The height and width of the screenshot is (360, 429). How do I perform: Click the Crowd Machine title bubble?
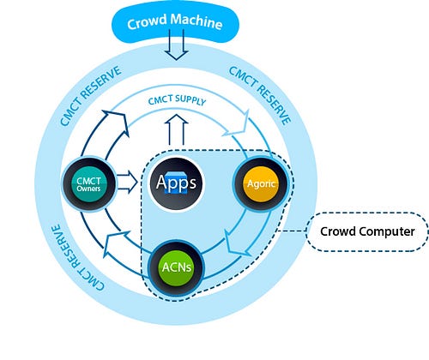pos(175,24)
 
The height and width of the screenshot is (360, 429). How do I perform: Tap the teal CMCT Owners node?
pos(89,184)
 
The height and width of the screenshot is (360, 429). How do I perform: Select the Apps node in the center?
pos(177,183)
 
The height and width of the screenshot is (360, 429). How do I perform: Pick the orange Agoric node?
pos(261,184)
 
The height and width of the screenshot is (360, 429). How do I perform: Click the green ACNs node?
pos(177,267)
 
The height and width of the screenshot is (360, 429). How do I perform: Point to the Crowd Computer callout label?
pos(367,231)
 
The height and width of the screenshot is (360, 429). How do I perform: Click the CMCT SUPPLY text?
pos(177,100)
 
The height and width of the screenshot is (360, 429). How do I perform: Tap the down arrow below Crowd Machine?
pos(176,45)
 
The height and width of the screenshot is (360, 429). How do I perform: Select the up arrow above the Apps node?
pos(176,129)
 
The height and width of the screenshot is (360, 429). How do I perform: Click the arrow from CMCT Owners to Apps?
pos(128,182)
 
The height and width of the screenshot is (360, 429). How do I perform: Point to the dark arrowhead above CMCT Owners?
pos(116,123)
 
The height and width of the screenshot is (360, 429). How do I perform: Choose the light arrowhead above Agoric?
pos(238,124)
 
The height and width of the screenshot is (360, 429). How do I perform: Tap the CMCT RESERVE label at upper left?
pos(90,95)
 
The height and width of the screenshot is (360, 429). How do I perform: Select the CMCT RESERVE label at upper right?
pos(260,95)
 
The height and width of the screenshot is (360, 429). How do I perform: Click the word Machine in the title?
pos(196,21)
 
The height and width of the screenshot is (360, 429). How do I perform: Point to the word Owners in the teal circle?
pos(88,189)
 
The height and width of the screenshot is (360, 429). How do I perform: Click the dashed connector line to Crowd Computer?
pos(291,231)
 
